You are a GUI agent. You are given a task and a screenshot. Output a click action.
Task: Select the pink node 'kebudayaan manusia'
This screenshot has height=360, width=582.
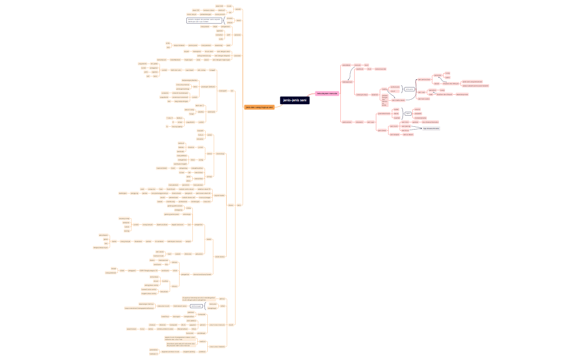click(x=326, y=94)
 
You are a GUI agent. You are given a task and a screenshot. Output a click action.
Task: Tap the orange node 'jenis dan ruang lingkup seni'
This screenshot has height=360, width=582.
click(x=259, y=107)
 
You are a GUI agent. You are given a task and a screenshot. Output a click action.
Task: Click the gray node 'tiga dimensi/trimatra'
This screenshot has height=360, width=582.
click(x=431, y=128)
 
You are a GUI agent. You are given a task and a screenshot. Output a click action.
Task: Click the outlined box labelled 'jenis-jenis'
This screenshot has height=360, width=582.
click(x=410, y=89)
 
